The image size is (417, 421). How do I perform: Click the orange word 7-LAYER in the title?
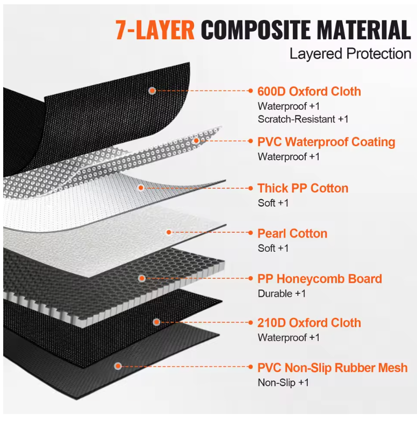[x=155, y=30]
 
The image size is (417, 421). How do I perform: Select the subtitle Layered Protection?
[x=350, y=54]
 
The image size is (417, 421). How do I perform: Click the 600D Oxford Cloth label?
[x=309, y=91]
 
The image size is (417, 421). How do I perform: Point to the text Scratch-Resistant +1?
[x=303, y=119]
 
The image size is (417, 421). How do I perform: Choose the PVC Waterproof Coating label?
[x=326, y=142]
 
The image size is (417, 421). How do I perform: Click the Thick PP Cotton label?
[x=303, y=188]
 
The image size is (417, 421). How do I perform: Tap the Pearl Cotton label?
[x=292, y=234]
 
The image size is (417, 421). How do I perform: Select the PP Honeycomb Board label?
[x=320, y=279]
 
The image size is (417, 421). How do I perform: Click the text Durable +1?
[x=282, y=293]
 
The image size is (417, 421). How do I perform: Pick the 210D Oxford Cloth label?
[x=309, y=323]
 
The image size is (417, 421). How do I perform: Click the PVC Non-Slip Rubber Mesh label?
[x=332, y=368]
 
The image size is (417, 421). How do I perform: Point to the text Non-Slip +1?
[x=283, y=382]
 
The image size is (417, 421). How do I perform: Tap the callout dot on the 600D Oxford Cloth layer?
[x=152, y=91]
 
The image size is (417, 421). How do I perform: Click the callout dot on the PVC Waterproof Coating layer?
[x=197, y=141]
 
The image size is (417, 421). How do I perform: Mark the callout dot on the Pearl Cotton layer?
[x=169, y=232]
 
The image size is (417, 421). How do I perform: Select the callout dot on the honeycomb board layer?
[x=142, y=278]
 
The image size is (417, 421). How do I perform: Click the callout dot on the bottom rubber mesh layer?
[x=118, y=366]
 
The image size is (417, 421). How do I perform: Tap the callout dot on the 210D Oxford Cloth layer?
[x=157, y=322]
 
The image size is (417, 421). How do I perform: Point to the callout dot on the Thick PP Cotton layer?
[x=141, y=188]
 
